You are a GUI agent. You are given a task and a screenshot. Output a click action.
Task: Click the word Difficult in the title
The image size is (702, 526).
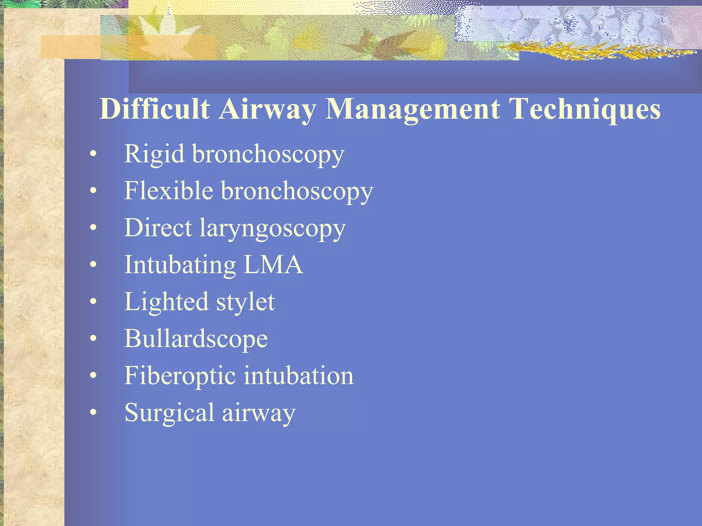point(154,109)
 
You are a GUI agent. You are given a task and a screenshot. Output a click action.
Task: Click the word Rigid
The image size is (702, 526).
point(154,154)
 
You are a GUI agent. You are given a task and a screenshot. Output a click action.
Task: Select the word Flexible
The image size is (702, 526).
point(168,190)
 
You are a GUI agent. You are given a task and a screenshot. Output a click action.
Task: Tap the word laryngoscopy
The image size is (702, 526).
point(273,229)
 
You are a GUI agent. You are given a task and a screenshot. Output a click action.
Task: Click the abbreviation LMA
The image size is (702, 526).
point(273,264)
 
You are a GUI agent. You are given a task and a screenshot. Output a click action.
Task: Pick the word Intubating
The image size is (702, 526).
point(180,265)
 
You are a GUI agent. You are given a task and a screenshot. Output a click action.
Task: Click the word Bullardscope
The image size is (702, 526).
point(196,339)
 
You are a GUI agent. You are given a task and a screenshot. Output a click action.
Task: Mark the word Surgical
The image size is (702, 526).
point(169,413)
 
